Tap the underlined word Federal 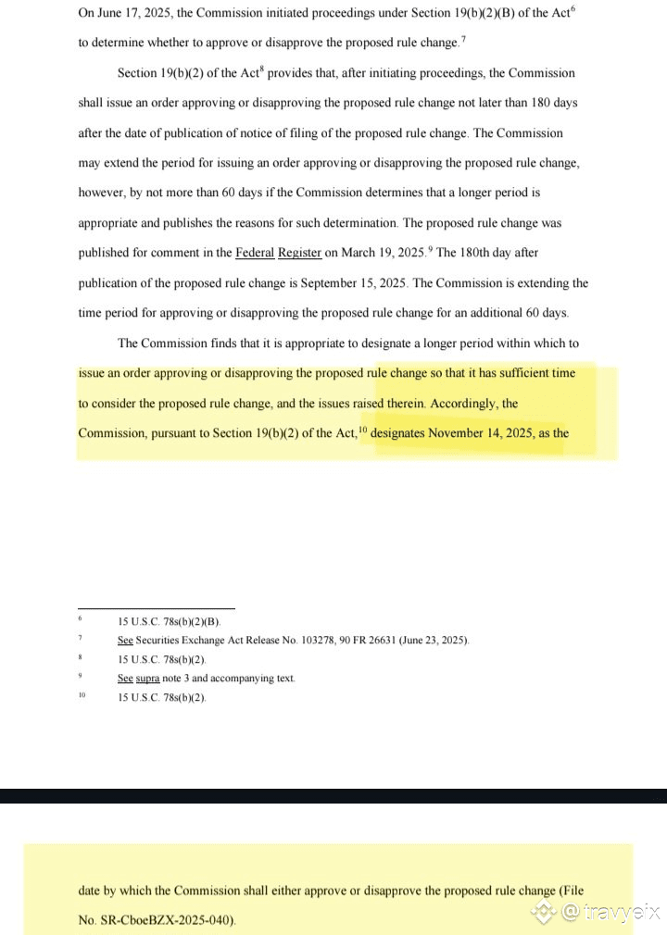coord(255,253)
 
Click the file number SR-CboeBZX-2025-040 coord(169,920)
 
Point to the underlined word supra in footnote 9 coord(146,679)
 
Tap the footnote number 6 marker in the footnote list coord(81,618)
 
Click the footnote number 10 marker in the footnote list coord(82,694)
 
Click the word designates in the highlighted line coord(403,433)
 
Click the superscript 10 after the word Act coord(363,429)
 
